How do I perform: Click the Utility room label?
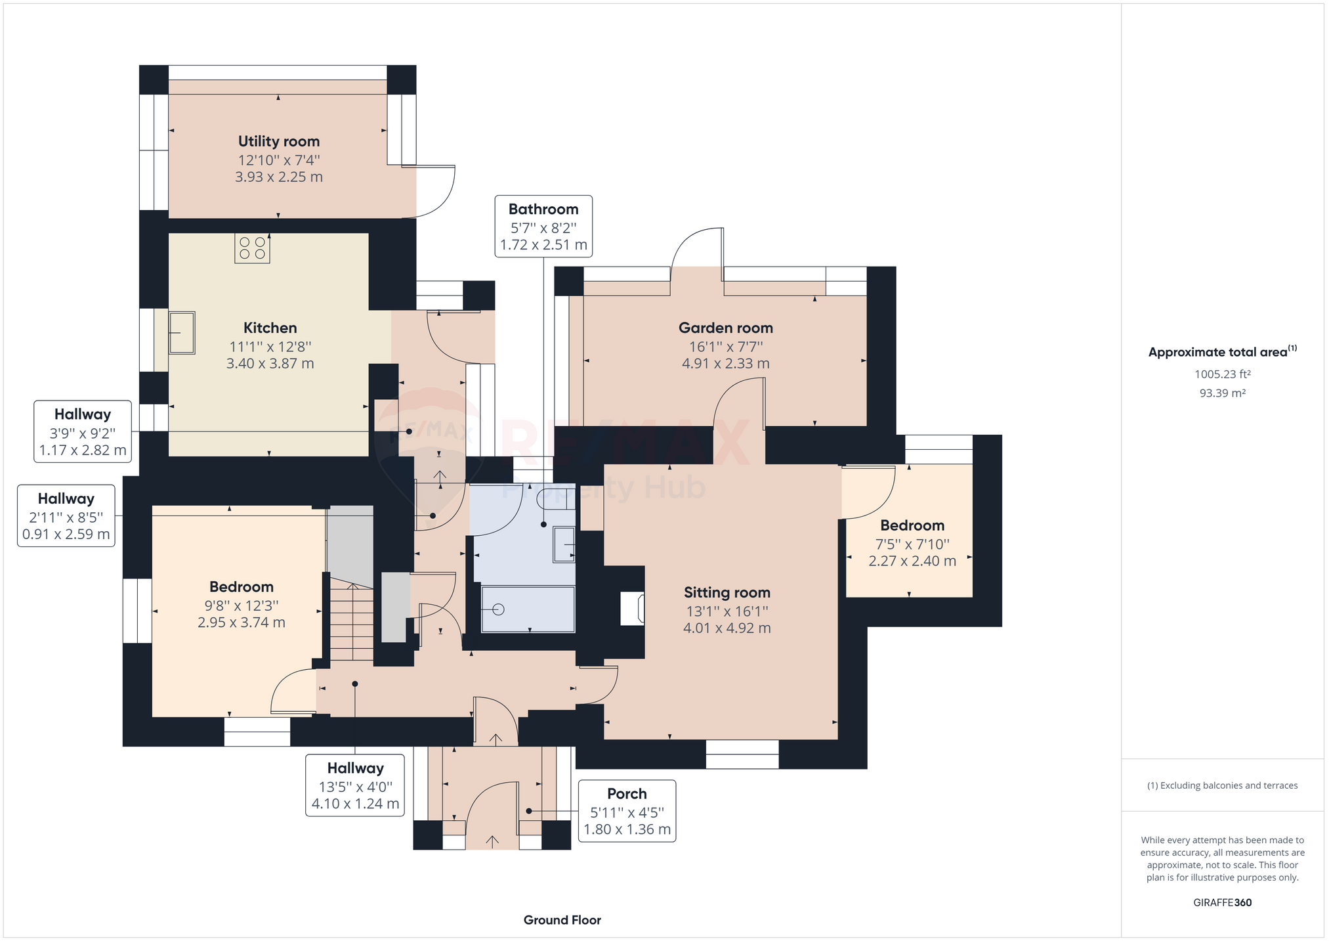coord(279,141)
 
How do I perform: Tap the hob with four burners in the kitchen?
coord(252,248)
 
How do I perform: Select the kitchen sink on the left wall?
coord(182,333)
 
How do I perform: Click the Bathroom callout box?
coord(543,227)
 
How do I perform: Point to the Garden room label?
coord(726,328)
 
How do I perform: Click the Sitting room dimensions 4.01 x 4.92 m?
coord(727,628)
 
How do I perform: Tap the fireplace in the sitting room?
coord(632,608)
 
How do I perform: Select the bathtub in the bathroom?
coord(528,609)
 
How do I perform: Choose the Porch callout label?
coord(627,811)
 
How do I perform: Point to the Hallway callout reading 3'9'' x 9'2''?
coord(83,432)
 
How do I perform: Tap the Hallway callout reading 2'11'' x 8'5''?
coord(66,516)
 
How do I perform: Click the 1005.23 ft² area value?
coord(1223,374)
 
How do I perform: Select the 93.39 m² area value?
coord(1223,393)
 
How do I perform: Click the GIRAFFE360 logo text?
coord(1223,902)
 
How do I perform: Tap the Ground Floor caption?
coord(562,920)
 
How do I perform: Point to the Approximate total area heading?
coord(1223,351)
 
